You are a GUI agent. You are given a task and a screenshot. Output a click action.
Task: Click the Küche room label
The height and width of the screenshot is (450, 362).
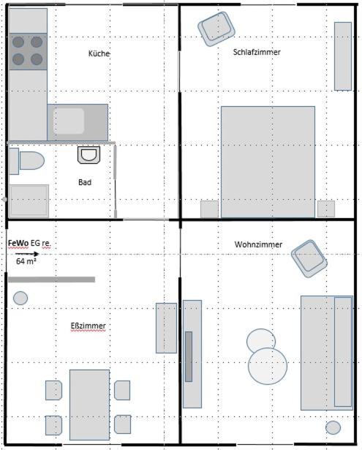(x=99, y=53)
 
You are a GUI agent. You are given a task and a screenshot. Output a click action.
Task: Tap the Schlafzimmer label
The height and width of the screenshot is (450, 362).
(x=257, y=52)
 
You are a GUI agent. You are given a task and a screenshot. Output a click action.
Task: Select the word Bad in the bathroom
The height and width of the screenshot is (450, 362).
(x=85, y=182)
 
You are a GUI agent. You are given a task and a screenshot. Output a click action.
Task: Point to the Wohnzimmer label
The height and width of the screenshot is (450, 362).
(x=258, y=244)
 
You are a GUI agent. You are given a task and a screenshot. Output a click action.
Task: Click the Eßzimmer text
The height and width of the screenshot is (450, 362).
(x=88, y=326)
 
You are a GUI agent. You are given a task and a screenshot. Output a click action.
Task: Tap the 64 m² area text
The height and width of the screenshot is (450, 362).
(x=26, y=261)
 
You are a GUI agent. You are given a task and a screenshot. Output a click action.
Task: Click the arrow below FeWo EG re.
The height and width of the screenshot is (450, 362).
(x=27, y=254)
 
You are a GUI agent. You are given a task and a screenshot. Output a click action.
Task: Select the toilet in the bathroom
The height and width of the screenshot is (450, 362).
(x=26, y=161)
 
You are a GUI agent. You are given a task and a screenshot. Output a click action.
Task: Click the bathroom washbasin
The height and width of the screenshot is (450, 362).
(x=89, y=155)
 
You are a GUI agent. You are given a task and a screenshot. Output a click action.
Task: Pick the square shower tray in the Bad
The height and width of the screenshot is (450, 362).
(x=29, y=201)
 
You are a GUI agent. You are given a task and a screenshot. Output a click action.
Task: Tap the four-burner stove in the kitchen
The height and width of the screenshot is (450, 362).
(x=28, y=51)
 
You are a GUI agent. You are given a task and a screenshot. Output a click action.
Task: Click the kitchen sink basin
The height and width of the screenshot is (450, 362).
(x=69, y=121)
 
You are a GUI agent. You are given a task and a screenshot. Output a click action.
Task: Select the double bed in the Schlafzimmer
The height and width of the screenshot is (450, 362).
(x=268, y=162)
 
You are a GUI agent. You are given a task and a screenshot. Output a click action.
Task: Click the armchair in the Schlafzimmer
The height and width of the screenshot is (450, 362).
(x=216, y=29)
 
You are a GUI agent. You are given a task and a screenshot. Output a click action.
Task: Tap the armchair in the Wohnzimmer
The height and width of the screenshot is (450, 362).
(x=309, y=259)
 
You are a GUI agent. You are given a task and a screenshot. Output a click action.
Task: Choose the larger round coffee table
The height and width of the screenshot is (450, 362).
(x=268, y=366)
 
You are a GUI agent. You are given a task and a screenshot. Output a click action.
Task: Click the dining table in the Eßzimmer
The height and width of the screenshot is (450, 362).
(x=89, y=405)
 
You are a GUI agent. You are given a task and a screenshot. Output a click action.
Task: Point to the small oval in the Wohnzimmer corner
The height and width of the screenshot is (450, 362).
(x=333, y=427)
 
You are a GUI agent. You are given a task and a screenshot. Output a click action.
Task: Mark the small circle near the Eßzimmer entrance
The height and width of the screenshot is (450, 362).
(x=20, y=298)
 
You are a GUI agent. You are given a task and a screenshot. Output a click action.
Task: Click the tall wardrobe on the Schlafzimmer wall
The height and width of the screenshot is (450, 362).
(x=343, y=56)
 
